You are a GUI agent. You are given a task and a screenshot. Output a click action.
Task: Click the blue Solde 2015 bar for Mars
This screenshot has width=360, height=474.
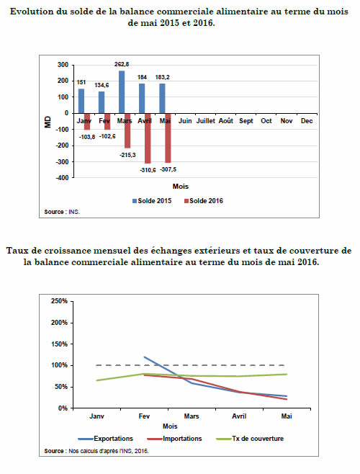122,92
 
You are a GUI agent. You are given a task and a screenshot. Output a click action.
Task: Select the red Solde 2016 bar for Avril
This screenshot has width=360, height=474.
148,138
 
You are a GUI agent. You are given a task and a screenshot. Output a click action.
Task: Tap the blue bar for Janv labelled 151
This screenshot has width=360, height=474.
81,102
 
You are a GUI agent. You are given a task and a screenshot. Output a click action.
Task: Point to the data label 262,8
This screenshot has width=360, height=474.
122,64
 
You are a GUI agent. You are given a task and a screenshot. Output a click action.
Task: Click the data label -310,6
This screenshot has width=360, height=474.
148,170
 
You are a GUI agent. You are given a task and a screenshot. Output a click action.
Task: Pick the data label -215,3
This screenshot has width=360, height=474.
127,155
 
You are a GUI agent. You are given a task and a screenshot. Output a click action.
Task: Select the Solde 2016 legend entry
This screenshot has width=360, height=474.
204,201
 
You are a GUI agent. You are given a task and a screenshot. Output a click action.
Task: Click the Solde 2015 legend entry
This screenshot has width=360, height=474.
152,201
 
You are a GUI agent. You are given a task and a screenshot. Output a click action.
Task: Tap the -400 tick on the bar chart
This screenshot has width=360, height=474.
62,178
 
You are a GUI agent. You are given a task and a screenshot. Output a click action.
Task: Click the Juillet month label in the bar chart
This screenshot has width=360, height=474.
205,121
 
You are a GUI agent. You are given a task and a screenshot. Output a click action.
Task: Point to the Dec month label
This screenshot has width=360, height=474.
307,121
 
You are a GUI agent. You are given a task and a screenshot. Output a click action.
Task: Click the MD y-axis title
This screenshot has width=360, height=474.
48,122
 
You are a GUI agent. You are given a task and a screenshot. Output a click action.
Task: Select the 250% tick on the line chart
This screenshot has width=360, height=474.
59,301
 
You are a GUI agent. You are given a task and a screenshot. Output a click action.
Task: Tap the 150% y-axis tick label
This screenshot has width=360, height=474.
59,344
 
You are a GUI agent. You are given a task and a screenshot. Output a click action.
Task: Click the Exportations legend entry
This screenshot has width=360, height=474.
106,439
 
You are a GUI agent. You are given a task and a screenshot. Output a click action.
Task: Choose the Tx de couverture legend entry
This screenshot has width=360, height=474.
250,439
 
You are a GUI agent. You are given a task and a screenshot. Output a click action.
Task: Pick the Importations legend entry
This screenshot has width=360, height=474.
174,439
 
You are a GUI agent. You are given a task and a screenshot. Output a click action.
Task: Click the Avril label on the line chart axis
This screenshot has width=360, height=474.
239,416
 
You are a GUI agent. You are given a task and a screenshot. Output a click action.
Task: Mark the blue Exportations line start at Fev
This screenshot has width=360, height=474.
145,357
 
